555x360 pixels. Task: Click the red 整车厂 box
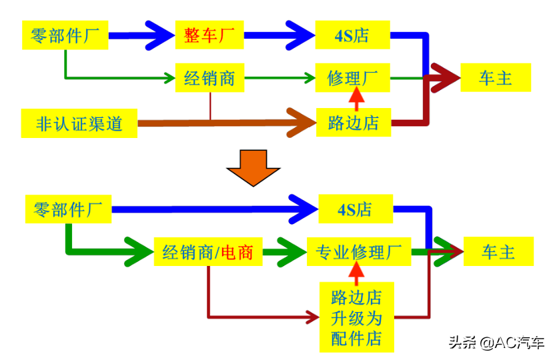(x=209, y=35)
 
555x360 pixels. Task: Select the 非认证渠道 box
(x=79, y=123)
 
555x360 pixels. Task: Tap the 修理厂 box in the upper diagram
(x=352, y=78)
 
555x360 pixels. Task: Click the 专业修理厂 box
(x=359, y=252)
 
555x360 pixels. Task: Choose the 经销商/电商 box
(x=208, y=252)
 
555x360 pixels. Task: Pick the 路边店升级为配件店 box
(x=357, y=317)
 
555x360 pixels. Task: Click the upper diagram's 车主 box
(x=496, y=77)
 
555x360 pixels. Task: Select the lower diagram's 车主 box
(x=498, y=251)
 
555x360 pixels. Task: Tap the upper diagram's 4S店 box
(x=352, y=35)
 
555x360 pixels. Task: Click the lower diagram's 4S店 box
(x=356, y=209)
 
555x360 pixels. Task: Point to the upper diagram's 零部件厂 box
(x=65, y=35)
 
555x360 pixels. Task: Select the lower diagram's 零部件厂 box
(x=68, y=209)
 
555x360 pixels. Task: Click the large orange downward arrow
(x=253, y=168)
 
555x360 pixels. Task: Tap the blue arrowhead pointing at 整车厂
(x=160, y=35)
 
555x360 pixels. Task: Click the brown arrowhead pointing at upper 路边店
(x=302, y=123)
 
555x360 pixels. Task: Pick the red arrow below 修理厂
(x=356, y=99)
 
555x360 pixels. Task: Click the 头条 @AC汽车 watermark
(x=496, y=342)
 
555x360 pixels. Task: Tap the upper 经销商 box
(x=210, y=78)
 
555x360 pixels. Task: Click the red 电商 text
(x=237, y=252)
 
